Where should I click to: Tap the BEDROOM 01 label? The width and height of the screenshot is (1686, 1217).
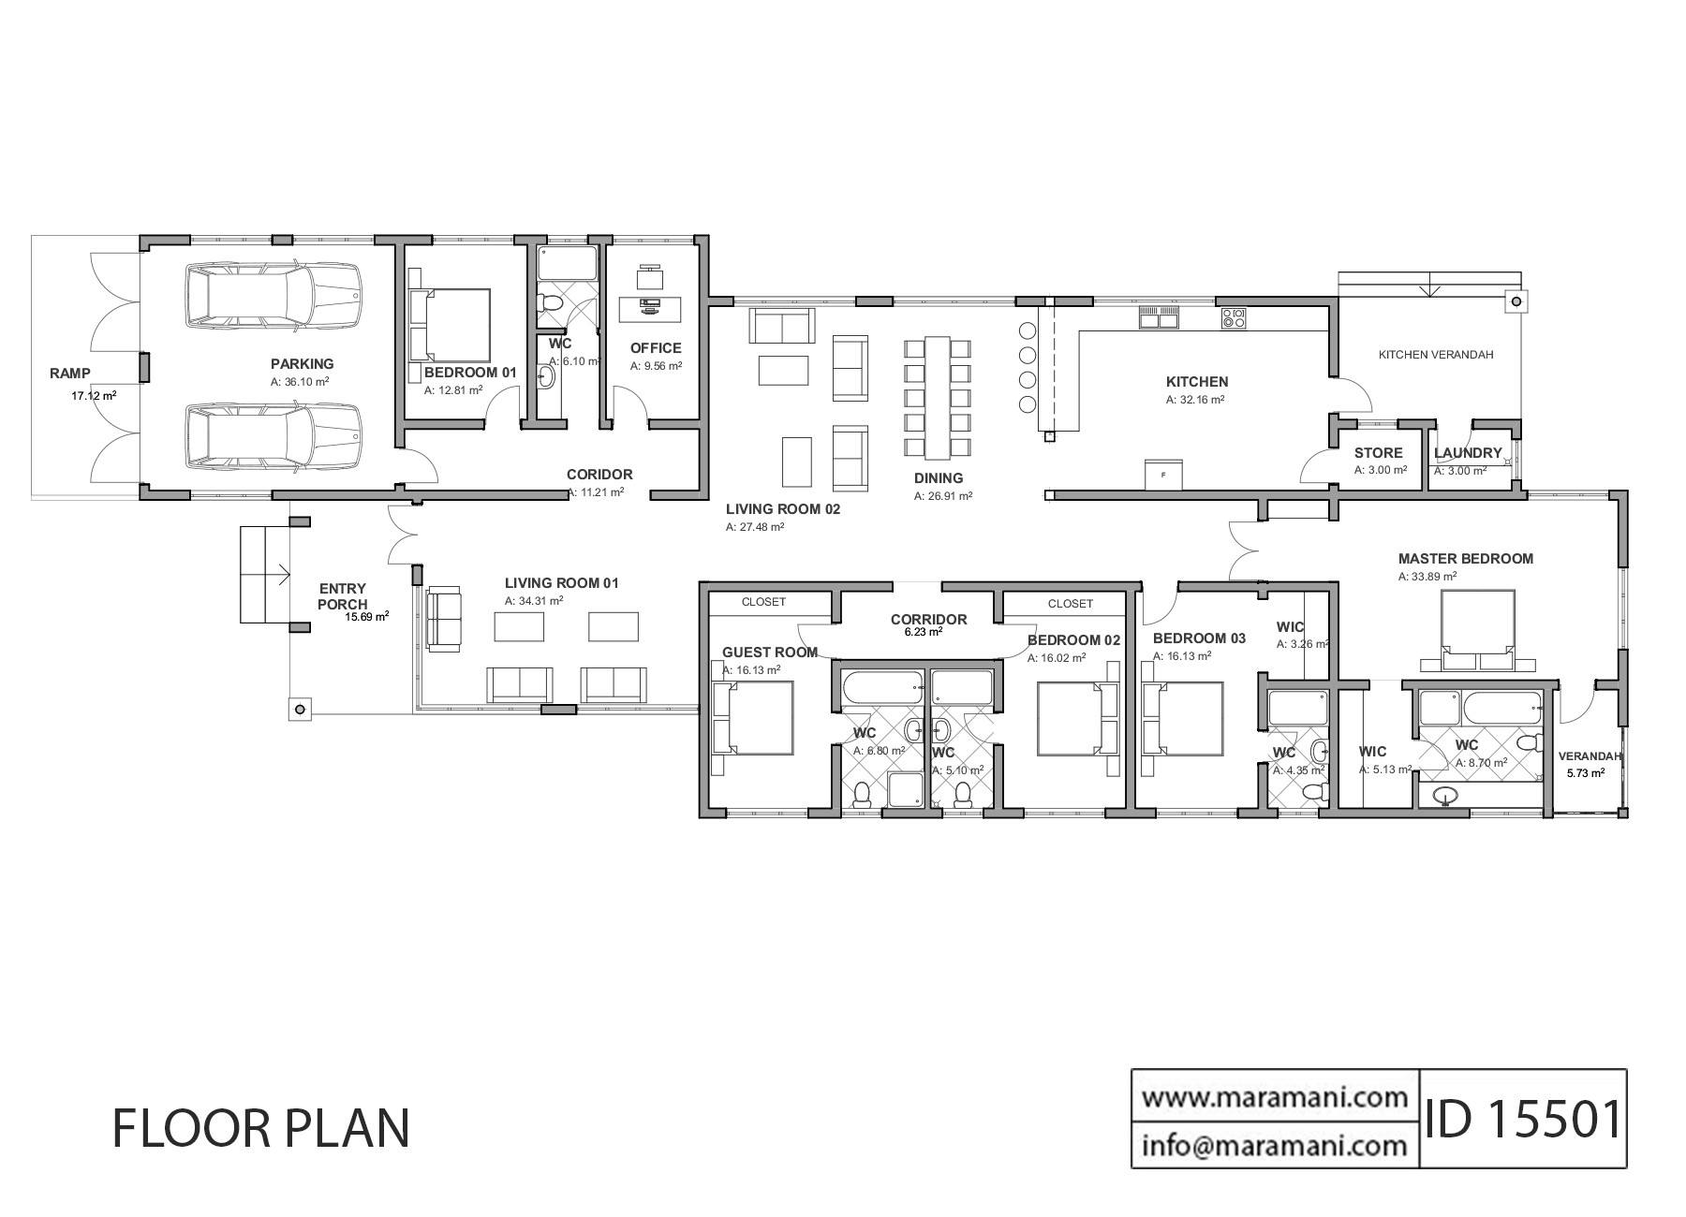click(470, 373)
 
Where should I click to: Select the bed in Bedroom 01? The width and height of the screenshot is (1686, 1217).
click(451, 325)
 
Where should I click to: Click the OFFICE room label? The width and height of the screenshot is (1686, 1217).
click(656, 348)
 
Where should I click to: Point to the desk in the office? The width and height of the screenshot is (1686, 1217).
click(650, 304)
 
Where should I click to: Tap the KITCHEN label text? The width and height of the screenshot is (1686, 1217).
click(1196, 382)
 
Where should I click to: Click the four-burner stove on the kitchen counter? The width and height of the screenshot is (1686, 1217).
click(1234, 318)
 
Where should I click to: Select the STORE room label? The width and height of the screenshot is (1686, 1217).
click(1378, 453)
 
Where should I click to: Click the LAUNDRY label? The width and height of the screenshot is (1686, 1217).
click(1468, 453)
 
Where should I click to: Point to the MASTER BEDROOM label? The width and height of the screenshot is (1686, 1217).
click(1465, 559)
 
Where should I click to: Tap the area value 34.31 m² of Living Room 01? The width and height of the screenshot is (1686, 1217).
click(534, 601)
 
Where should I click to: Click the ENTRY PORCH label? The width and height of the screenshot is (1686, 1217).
click(343, 596)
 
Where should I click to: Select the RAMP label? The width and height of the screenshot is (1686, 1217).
click(70, 374)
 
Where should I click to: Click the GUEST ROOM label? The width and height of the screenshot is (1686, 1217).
click(769, 652)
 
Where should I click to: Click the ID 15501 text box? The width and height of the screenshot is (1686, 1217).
click(1523, 1120)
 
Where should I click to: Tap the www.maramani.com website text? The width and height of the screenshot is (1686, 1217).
click(1275, 1095)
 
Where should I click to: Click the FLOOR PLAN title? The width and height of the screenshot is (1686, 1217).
click(261, 1128)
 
